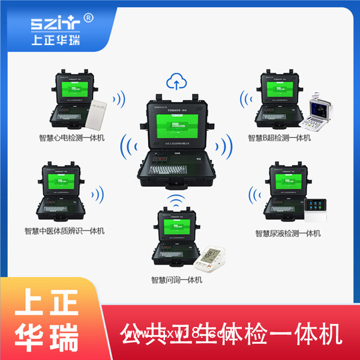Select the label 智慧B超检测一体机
point(280,138)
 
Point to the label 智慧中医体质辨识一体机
point(65,230)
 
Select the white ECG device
point(99,114)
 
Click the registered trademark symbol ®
point(89,18)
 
